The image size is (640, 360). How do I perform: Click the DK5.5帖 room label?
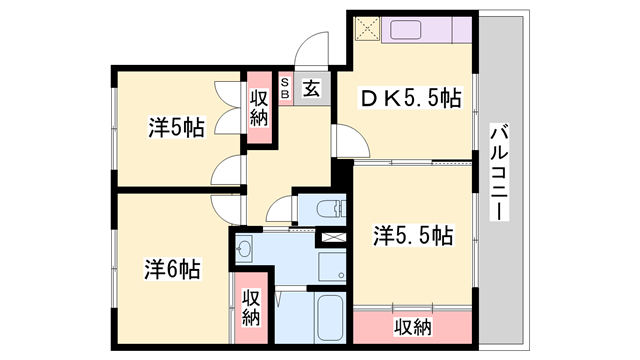click(x=410, y=98)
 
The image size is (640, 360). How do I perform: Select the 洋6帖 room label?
click(x=171, y=269)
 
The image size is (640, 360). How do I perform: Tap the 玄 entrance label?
click(x=310, y=88)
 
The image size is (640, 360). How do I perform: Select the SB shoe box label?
click(x=286, y=88)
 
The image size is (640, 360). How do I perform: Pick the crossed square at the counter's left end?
click(x=365, y=28)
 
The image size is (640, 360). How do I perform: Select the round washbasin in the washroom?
click(x=246, y=250)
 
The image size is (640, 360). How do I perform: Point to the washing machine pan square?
click(x=331, y=266)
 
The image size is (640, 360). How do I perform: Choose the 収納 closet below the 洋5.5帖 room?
click(x=412, y=327)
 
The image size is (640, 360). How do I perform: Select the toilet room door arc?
click(x=281, y=208)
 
